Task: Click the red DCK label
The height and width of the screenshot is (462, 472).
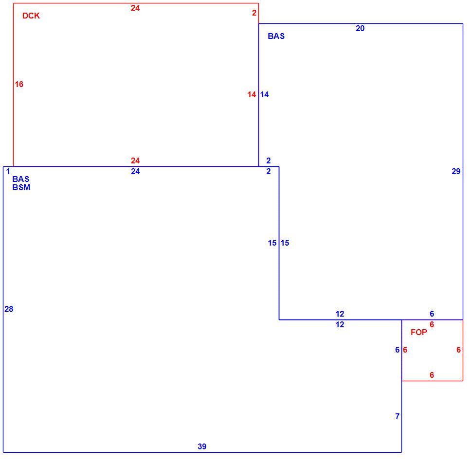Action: click(x=31, y=16)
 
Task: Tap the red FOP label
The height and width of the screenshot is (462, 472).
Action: click(x=419, y=332)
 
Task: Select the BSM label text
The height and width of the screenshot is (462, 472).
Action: click(x=21, y=187)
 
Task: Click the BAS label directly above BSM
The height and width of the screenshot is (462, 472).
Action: click(x=21, y=179)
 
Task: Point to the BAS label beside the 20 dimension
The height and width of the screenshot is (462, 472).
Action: click(x=276, y=36)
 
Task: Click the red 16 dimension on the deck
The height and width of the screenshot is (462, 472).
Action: click(x=19, y=84)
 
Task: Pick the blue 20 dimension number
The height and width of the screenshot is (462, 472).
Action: click(x=360, y=28)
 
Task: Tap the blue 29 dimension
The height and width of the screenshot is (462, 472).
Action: click(x=456, y=172)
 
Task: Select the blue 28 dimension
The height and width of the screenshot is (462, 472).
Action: click(x=9, y=309)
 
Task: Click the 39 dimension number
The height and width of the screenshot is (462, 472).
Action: click(x=202, y=446)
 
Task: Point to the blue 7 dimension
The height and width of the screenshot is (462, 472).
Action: click(x=398, y=416)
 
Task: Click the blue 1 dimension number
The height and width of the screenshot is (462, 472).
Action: click(x=8, y=172)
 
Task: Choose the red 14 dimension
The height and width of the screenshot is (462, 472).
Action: click(x=252, y=95)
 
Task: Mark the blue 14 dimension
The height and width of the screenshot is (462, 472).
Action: click(x=264, y=95)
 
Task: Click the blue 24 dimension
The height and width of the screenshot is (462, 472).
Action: click(x=135, y=172)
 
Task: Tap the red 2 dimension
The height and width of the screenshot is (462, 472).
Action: click(x=254, y=13)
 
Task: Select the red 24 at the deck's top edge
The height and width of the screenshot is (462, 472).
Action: click(x=135, y=8)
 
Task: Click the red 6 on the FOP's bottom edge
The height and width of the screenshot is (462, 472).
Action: click(x=432, y=375)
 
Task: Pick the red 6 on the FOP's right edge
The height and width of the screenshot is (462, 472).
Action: click(x=458, y=350)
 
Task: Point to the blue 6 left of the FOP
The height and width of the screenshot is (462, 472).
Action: click(x=398, y=350)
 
